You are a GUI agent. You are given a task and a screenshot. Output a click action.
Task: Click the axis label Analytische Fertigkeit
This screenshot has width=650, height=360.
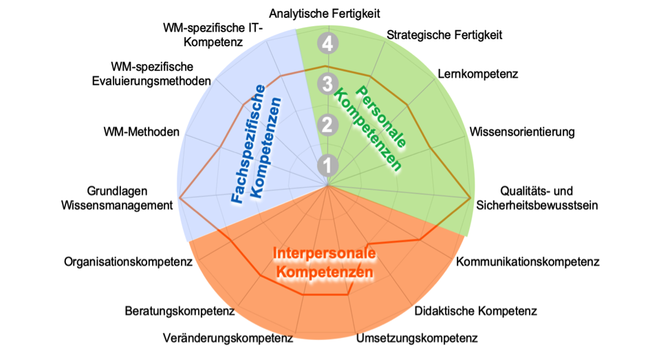point(325,14)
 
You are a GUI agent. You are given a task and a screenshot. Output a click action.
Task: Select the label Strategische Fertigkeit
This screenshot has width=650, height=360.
point(444,35)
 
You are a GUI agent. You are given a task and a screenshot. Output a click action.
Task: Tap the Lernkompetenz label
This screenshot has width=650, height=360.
point(478,74)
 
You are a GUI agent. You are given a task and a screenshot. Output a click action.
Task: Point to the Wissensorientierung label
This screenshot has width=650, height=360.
point(522,132)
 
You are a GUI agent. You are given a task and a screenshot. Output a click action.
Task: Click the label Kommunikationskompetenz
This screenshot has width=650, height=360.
point(528,262)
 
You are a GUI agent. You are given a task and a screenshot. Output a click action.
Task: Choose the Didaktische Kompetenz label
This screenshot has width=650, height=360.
point(476,310)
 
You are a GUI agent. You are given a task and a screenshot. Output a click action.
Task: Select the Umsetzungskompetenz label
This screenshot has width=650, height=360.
point(417,338)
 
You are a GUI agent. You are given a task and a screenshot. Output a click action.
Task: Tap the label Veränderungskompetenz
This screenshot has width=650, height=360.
point(228,338)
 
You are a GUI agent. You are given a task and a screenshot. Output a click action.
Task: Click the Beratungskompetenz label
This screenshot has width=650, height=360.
point(180,310)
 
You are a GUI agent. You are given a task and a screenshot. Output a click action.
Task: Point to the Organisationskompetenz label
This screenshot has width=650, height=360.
point(128,262)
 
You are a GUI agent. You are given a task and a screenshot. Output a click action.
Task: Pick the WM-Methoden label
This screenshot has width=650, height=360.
point(142,132)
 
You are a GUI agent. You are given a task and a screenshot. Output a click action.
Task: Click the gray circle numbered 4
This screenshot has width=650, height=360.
point(327,43)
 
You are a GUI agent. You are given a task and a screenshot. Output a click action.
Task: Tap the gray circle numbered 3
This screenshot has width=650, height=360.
point(327,84)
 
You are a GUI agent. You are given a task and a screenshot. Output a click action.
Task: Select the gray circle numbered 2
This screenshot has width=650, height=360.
point(327,125)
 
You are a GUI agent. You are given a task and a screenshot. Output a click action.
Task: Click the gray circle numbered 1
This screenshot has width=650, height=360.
point(327,165)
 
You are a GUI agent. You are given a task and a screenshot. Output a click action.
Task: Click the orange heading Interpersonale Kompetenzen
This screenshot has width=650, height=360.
point(325,262)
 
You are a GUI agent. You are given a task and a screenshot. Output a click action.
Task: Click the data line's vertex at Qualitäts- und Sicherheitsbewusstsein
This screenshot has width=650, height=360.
point(470,198)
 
